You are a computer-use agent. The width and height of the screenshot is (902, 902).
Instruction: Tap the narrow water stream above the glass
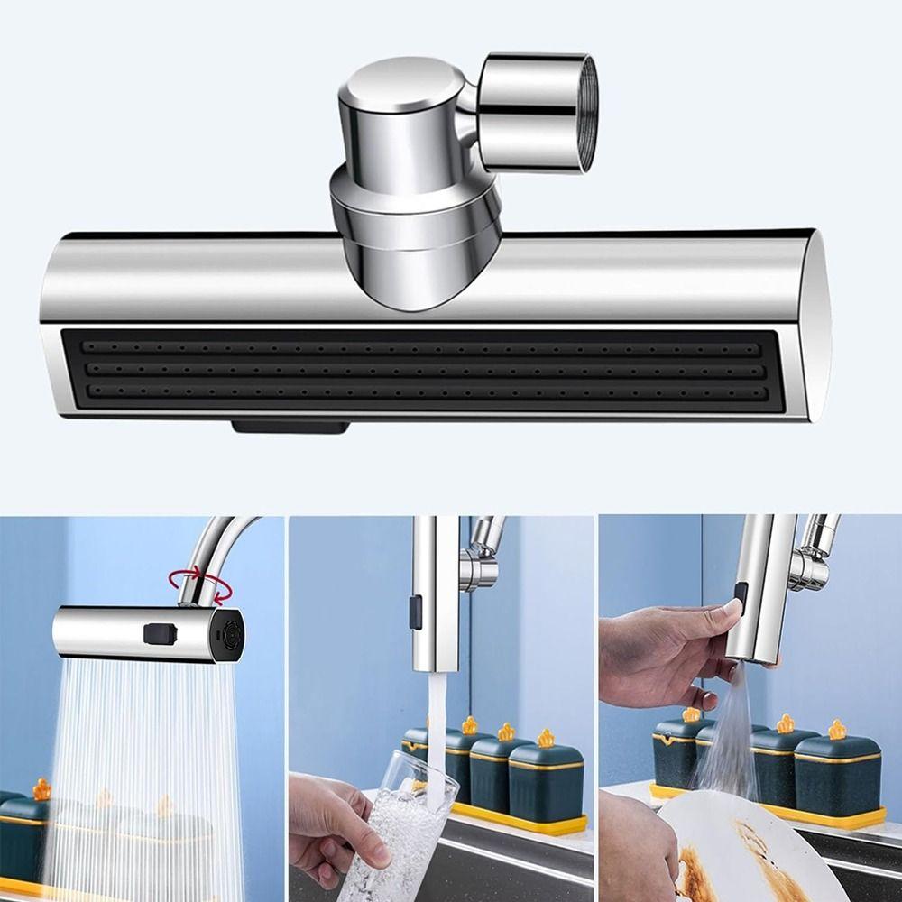pyautogui.click(x=437, y=722)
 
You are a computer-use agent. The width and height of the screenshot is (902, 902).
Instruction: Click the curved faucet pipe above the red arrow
pyautogui.click(x=216, y=541)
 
